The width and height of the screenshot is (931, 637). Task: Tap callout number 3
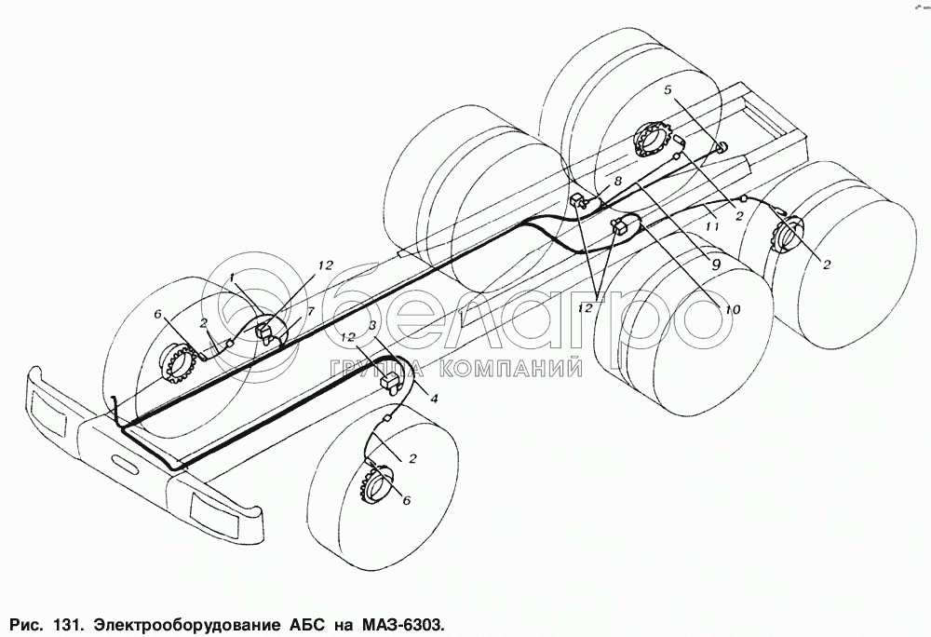[x=373, y=326]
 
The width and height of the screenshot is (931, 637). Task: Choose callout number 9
[x=715, y=264]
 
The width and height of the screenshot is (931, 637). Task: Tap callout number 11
[x=711, y=224]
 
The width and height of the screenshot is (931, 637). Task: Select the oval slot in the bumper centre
[x=123, y=460]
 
